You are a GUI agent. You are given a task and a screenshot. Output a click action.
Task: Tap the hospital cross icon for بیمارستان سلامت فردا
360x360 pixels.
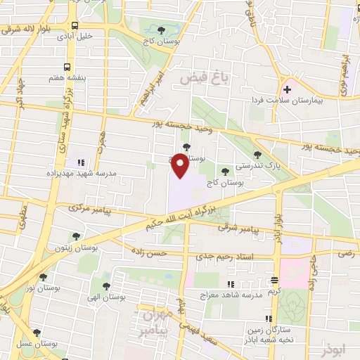[x=287, y=90]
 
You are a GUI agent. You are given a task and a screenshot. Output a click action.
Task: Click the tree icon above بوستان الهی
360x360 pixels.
[x=105, y=286]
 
